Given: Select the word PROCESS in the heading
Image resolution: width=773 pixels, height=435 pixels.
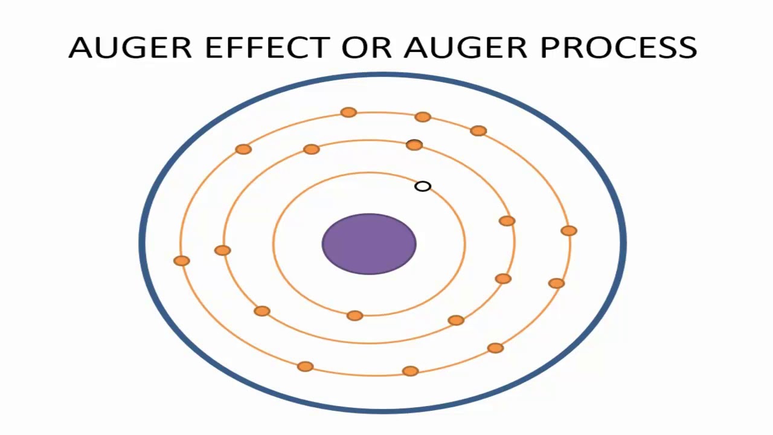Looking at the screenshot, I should [x=618, y=48].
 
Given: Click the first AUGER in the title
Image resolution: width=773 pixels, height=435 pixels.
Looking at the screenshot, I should [x=132, y=48].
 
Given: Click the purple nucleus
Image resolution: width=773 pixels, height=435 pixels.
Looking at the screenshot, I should [x=369, y=244].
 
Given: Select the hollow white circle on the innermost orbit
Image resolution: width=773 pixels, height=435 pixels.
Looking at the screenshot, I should [x=423, y=187].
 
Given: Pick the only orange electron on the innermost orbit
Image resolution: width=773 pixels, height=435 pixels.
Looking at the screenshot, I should [x=355, y=315].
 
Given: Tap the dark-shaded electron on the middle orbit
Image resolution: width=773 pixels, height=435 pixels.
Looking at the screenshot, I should [x=414, y=145].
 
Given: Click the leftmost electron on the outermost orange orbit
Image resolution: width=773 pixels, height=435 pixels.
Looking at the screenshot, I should [x=182, y=260].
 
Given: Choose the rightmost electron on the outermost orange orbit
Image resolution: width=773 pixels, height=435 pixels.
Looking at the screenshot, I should [x=568, y=231].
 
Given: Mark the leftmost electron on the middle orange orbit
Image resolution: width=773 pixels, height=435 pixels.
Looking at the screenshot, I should [x=223, y=250].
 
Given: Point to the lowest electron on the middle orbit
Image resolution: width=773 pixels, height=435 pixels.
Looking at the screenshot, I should [x=456, y=320].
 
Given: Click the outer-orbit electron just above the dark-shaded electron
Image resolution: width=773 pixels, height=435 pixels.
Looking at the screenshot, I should [x=423, y=117].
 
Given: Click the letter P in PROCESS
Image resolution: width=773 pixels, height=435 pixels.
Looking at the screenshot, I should [x=551, y=48].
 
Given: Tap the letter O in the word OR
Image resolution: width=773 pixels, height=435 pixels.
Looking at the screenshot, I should [x=356, y=48].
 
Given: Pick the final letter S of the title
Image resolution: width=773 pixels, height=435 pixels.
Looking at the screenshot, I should [x=687, y=48].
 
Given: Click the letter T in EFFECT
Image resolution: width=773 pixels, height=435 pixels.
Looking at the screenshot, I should [x=322, y=48].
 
